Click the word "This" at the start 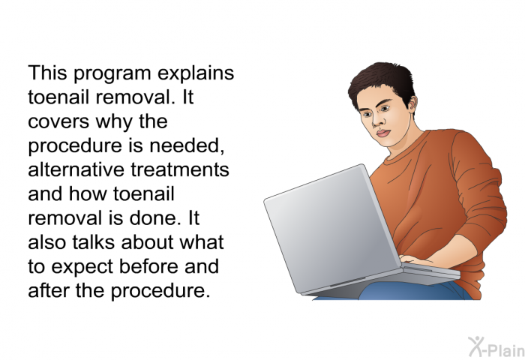pos(47,73)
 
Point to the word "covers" pos(58,122)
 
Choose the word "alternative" pos(76,169)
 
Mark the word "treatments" pos(179,170)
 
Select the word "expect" pos(81,268)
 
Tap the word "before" pos(149,266)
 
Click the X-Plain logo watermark pos(496,347)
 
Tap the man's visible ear pos(412,103)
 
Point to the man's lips pos(383,133)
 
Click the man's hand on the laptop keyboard pos(413,260)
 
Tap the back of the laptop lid pos(331,228)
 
